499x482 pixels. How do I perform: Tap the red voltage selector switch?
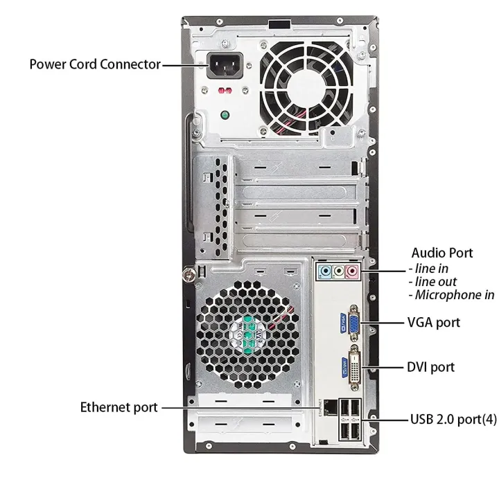point(225,91)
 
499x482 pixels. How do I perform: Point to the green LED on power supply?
point(225,114)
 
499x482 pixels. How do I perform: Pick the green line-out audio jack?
point(338,271)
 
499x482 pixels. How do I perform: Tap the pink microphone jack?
point(352,271)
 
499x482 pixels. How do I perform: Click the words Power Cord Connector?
point(95,64)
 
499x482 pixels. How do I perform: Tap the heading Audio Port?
point(442,253)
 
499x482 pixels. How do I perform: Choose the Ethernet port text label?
point(119,407)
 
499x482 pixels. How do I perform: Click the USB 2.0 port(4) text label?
point(453,419)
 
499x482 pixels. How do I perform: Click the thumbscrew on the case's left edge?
point(188,274)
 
